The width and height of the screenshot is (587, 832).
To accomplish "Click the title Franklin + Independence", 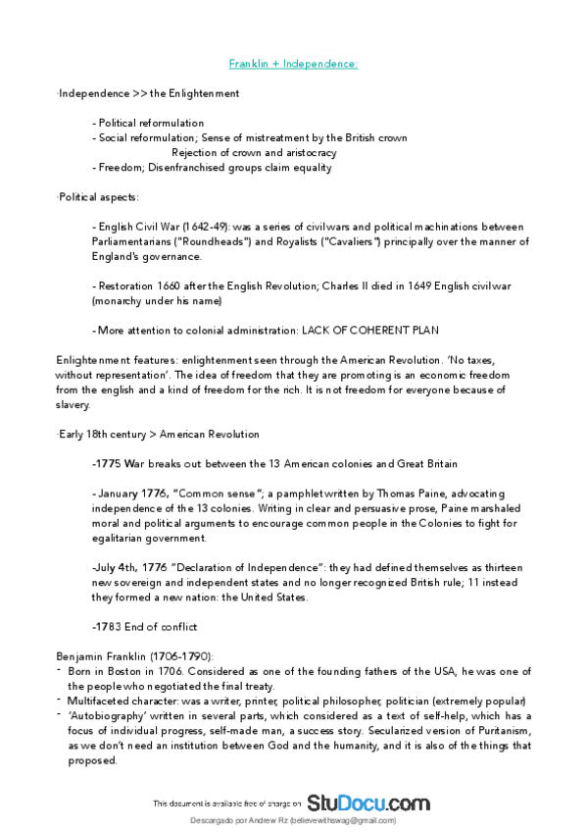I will click(x=293, y=64).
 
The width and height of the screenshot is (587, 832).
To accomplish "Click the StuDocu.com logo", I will click(x=368, y=803).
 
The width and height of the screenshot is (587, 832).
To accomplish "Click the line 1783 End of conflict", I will click(x=144, y=626).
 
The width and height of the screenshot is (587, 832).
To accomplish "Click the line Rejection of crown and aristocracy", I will click(x=254, y=153).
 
